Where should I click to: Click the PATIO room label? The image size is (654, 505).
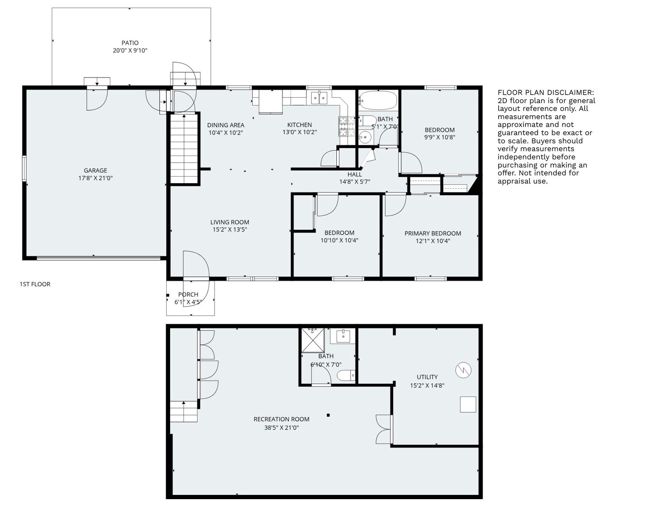pos(130,43)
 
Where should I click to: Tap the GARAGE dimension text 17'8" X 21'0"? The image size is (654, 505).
pos(95,178)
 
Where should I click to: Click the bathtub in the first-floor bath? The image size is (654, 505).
pos(378,100)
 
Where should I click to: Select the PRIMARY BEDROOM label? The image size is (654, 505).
pos(432,233)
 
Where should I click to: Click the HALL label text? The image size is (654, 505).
pos(355,174)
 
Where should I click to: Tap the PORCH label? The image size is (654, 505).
pos(188,295)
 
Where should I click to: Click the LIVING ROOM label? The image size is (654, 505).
pos(230,223)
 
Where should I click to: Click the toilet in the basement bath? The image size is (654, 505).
pos(346,375)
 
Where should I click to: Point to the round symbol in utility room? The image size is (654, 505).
pos(463,370)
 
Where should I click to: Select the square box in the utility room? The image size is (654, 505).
pos(468,404)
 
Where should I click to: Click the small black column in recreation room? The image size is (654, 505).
pos(328,415)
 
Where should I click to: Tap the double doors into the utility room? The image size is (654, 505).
pos(383,429)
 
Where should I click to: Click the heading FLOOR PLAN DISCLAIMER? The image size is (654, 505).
pos(546,92)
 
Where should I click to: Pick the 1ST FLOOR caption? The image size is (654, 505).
pos(35,284)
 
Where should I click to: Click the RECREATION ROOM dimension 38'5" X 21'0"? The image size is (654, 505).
pos(281,428)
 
